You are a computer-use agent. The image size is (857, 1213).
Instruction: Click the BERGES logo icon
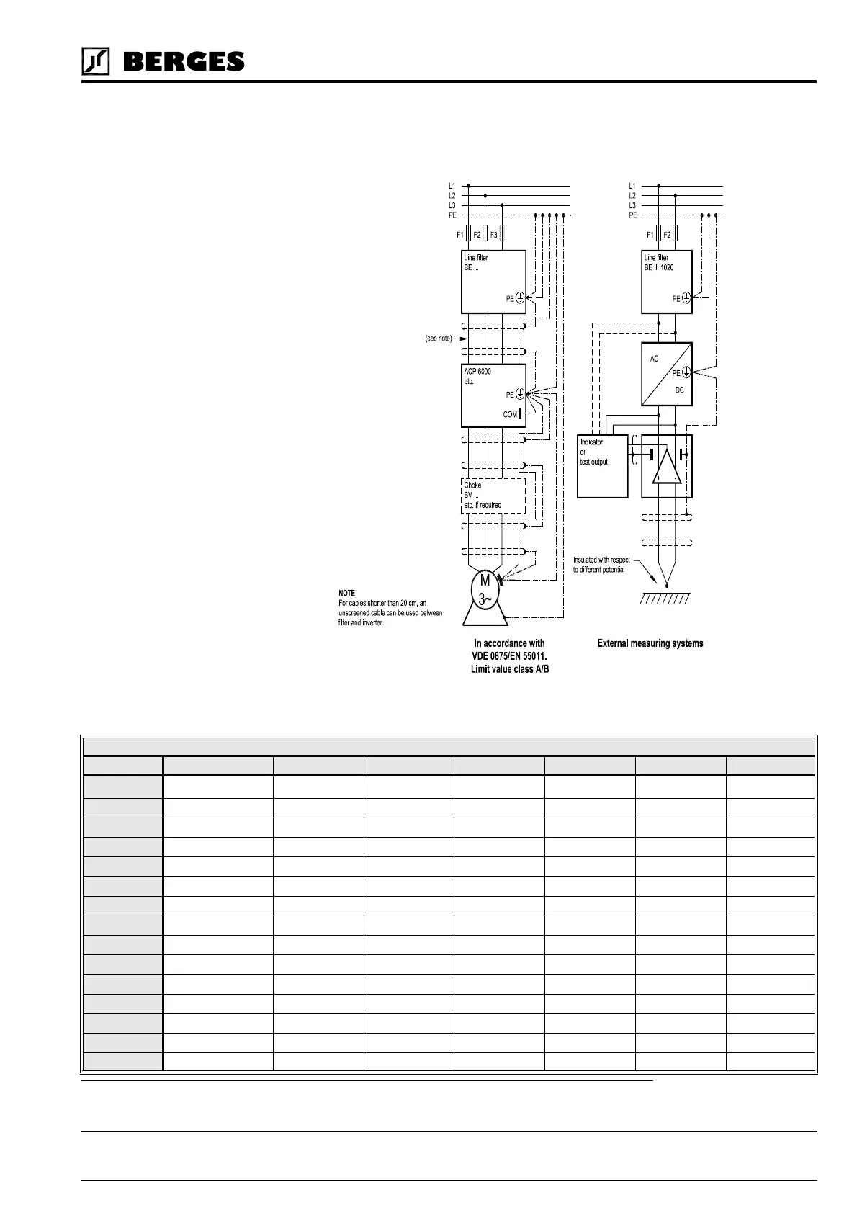pos(95,61)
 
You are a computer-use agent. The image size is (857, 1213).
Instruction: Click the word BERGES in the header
pos(184,62)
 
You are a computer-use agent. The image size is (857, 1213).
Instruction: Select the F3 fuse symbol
pos(502,234)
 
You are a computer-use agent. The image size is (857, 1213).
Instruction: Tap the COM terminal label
pos(510,414)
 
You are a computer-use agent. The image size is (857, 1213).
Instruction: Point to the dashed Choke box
pos(493,496)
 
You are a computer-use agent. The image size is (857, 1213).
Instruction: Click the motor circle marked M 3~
pos(485,590)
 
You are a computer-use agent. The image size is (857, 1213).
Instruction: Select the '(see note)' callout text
pos(439,339)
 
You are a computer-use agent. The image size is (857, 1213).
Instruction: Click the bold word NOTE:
pos(348,593)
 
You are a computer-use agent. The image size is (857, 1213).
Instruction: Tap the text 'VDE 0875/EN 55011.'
pos(509,655)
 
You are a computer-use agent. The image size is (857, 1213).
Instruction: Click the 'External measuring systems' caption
pos(650,643)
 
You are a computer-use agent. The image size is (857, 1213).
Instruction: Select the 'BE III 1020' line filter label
pos(659,267)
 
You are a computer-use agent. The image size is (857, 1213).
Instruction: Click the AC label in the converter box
pos(654,359)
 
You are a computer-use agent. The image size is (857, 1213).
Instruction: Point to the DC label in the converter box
pos(679,390)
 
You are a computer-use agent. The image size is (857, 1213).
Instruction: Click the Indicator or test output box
pos(602,466)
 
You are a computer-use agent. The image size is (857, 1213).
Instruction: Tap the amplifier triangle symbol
pos(666,466)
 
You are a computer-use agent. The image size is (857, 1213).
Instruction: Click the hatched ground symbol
pos(665,598)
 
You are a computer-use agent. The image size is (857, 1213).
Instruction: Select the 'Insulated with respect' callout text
pos(601,560)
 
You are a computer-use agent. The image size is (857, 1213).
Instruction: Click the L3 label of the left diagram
pos(452,206)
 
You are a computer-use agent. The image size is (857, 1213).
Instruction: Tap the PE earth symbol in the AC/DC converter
pos(686,372)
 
